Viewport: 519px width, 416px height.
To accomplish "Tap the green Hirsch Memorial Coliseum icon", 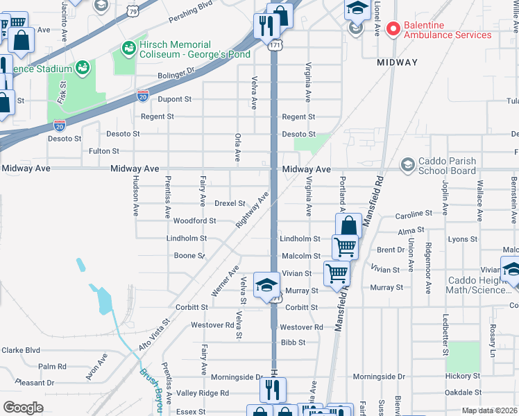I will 128,48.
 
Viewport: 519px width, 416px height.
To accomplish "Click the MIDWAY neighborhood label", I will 398,62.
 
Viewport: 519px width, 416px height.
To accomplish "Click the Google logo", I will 23,407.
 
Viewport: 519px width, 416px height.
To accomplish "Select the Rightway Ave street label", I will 253,211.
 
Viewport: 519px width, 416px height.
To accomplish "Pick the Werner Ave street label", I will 225,281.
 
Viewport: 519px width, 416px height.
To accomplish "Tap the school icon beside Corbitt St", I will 266,286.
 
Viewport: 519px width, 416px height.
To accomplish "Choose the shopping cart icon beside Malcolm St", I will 344,246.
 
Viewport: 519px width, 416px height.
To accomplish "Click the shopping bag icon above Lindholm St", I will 348,225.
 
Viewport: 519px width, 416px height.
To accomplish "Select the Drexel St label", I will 230,204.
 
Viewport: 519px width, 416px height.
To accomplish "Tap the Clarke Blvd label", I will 21,350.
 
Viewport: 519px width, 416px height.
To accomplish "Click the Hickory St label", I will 459,376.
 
